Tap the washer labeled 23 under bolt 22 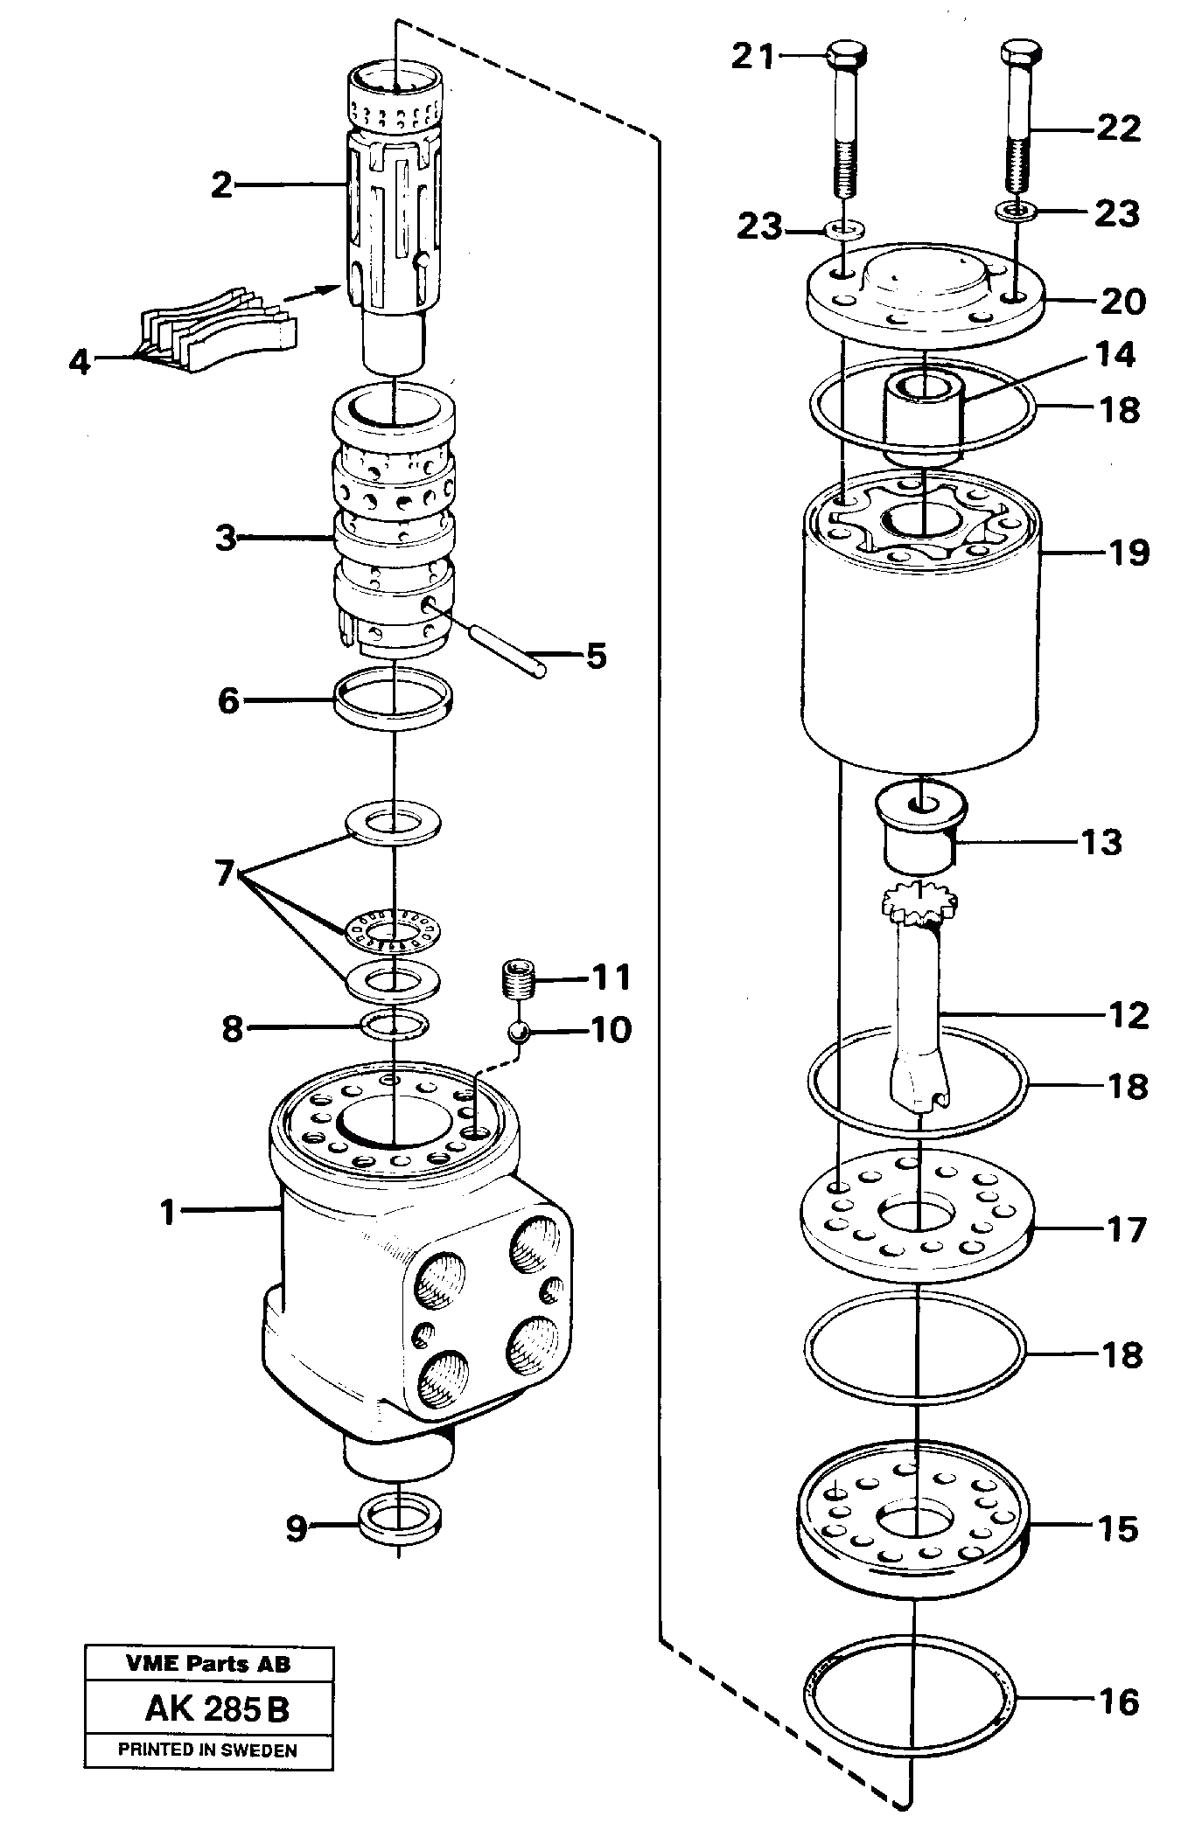[x=1015, y=210]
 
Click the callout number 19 [x=1126, y=553]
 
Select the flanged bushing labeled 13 [x=921, y=826]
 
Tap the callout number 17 [x=1125, y=1229]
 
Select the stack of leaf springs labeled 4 [x=219, y=329]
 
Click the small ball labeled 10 [x=519, y=1033]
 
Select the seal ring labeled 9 [x=400, y=1527]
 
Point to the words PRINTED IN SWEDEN [x=207, y=1750]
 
